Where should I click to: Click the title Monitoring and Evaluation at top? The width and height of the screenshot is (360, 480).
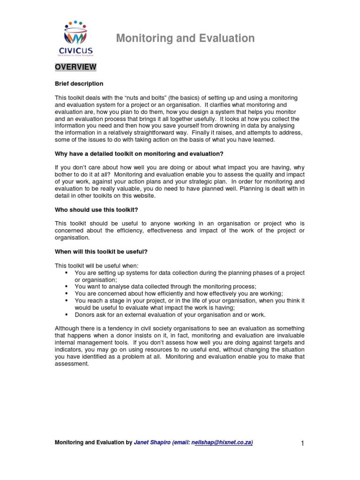click(x=185, y=38)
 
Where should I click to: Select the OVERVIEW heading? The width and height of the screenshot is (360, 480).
click(x=75, y=67)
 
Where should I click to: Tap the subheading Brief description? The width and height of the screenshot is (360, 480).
click(x=79, y=84)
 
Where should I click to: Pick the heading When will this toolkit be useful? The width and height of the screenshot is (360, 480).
click(x=101, y=252)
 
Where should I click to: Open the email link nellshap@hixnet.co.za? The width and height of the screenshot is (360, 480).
click(x=222, y=442)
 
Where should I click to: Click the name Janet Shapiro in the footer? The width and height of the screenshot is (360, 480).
click(x=151, y=442)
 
